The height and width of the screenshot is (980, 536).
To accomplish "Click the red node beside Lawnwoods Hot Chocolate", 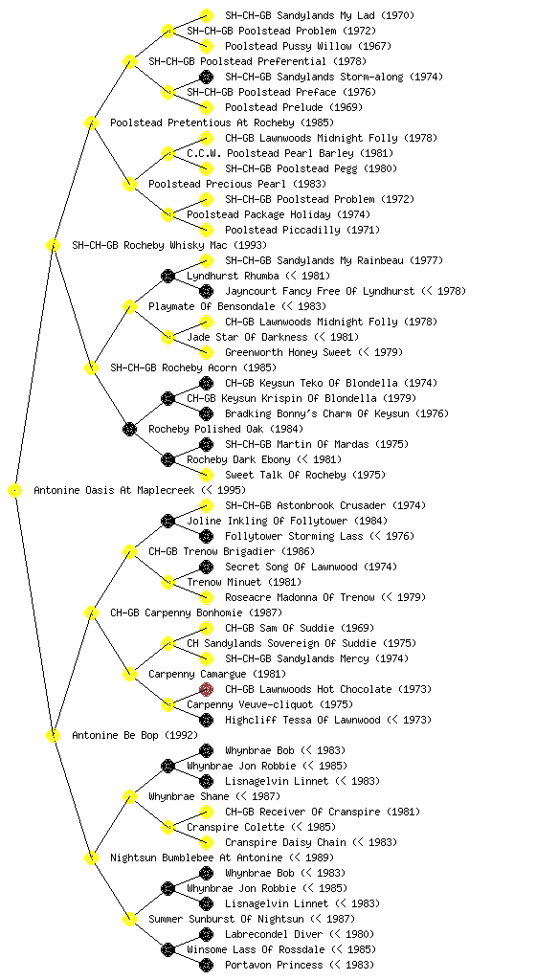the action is click(x=206, y=689).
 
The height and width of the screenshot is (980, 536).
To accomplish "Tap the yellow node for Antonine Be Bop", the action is click(x=54, y=735).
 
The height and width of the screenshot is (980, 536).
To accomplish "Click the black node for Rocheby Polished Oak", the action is click(x=130, y=429).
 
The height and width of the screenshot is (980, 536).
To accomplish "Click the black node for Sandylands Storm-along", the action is click(x=206, y=77).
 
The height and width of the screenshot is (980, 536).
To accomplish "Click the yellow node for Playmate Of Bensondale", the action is click(x=130, y=306).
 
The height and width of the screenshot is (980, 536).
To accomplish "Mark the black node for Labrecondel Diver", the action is click(x=206, y=934).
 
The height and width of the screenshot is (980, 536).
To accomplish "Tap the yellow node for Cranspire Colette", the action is click(x=168, y=828).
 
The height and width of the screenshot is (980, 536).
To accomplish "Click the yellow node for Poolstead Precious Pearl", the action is click(x=130, y=184).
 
